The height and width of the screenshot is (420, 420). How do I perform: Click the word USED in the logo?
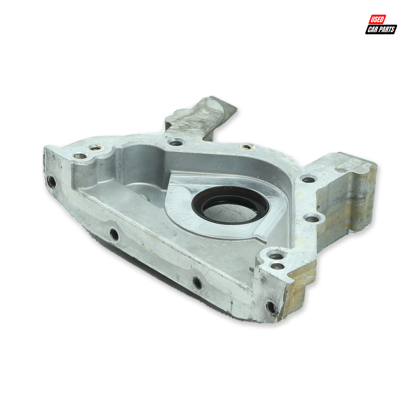377,19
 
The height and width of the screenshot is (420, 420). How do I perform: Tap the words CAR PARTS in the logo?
381,30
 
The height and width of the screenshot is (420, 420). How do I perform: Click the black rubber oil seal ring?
230,205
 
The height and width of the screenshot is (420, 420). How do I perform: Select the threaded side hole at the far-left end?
51,182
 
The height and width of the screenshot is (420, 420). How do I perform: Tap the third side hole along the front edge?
197,283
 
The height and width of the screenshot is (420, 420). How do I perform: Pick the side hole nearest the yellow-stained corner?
271,307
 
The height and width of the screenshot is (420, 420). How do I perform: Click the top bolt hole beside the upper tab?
175,142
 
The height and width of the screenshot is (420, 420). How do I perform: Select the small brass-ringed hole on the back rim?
247,147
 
